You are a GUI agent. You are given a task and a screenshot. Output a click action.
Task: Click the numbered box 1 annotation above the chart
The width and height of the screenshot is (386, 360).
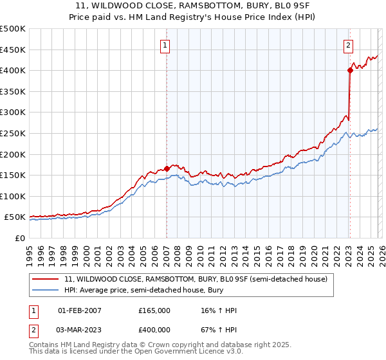click(x=166, y=45)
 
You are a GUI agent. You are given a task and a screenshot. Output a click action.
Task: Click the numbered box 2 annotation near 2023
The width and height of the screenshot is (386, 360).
click(x=348, y=45)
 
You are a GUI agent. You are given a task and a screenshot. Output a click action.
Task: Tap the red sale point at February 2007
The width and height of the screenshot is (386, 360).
click(x=167, y=169)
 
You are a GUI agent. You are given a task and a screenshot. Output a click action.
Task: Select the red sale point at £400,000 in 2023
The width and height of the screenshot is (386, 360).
click(x=350, y=70)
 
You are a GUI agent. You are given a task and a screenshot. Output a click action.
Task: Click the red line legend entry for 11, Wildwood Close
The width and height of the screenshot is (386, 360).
click(x=196, y=279)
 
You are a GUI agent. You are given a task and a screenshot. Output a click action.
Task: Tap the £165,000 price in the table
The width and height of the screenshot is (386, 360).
click(x=154, y=310)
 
